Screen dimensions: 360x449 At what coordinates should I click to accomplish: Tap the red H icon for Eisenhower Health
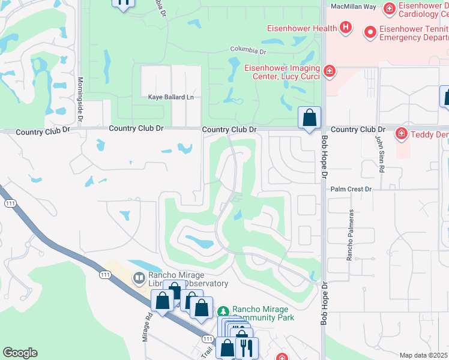click(345, 27)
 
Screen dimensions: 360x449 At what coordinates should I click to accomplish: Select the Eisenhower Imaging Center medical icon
click(329, 72)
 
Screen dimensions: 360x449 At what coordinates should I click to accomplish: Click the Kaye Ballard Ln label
click(172, 97)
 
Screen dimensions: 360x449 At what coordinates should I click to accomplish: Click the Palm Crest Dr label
click(352, 189)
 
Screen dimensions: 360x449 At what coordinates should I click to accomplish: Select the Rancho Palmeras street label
click(350, 235)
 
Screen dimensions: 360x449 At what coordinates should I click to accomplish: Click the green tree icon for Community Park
click(223, 311)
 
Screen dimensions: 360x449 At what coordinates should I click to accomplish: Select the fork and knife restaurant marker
click(247, 347)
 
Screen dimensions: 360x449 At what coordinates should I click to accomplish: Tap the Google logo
click(20, 353)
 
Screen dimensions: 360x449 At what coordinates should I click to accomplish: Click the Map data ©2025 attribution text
click(424, 355)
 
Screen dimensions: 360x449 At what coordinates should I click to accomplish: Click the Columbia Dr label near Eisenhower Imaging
click(248, 50)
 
